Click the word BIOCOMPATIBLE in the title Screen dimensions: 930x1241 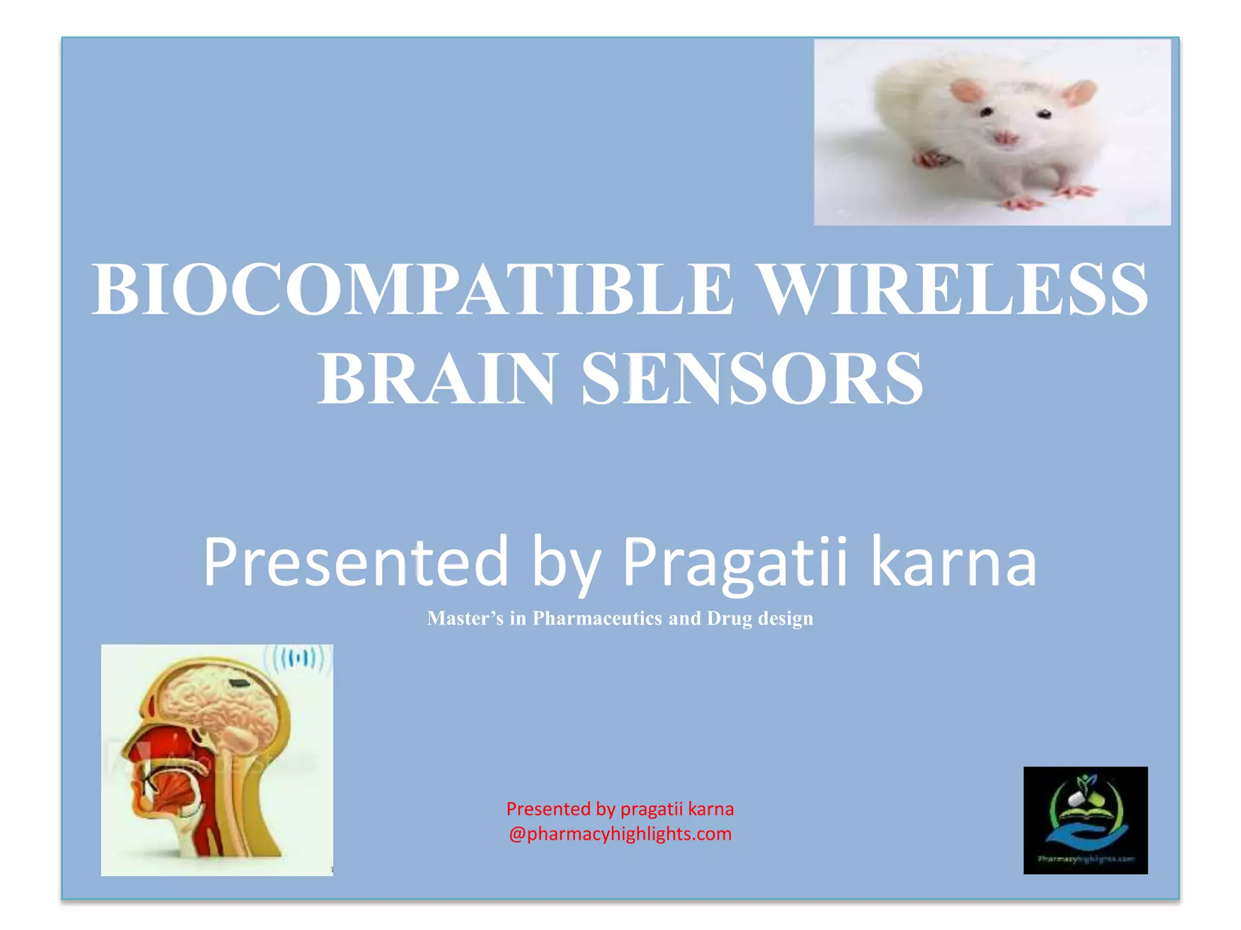[412, 289]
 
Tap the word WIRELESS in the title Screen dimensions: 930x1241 [953, 289]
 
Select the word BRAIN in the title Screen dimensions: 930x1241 [436, 379]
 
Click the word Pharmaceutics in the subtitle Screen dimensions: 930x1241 [597, 618]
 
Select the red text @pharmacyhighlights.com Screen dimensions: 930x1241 [620, 834]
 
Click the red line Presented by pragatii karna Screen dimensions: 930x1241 [620, 809]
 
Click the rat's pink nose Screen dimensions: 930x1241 [1004, 138]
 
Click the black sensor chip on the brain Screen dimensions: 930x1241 [241, 684]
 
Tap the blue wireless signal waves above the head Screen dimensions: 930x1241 [299, 658]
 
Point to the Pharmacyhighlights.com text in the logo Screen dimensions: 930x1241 [1085, 859]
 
